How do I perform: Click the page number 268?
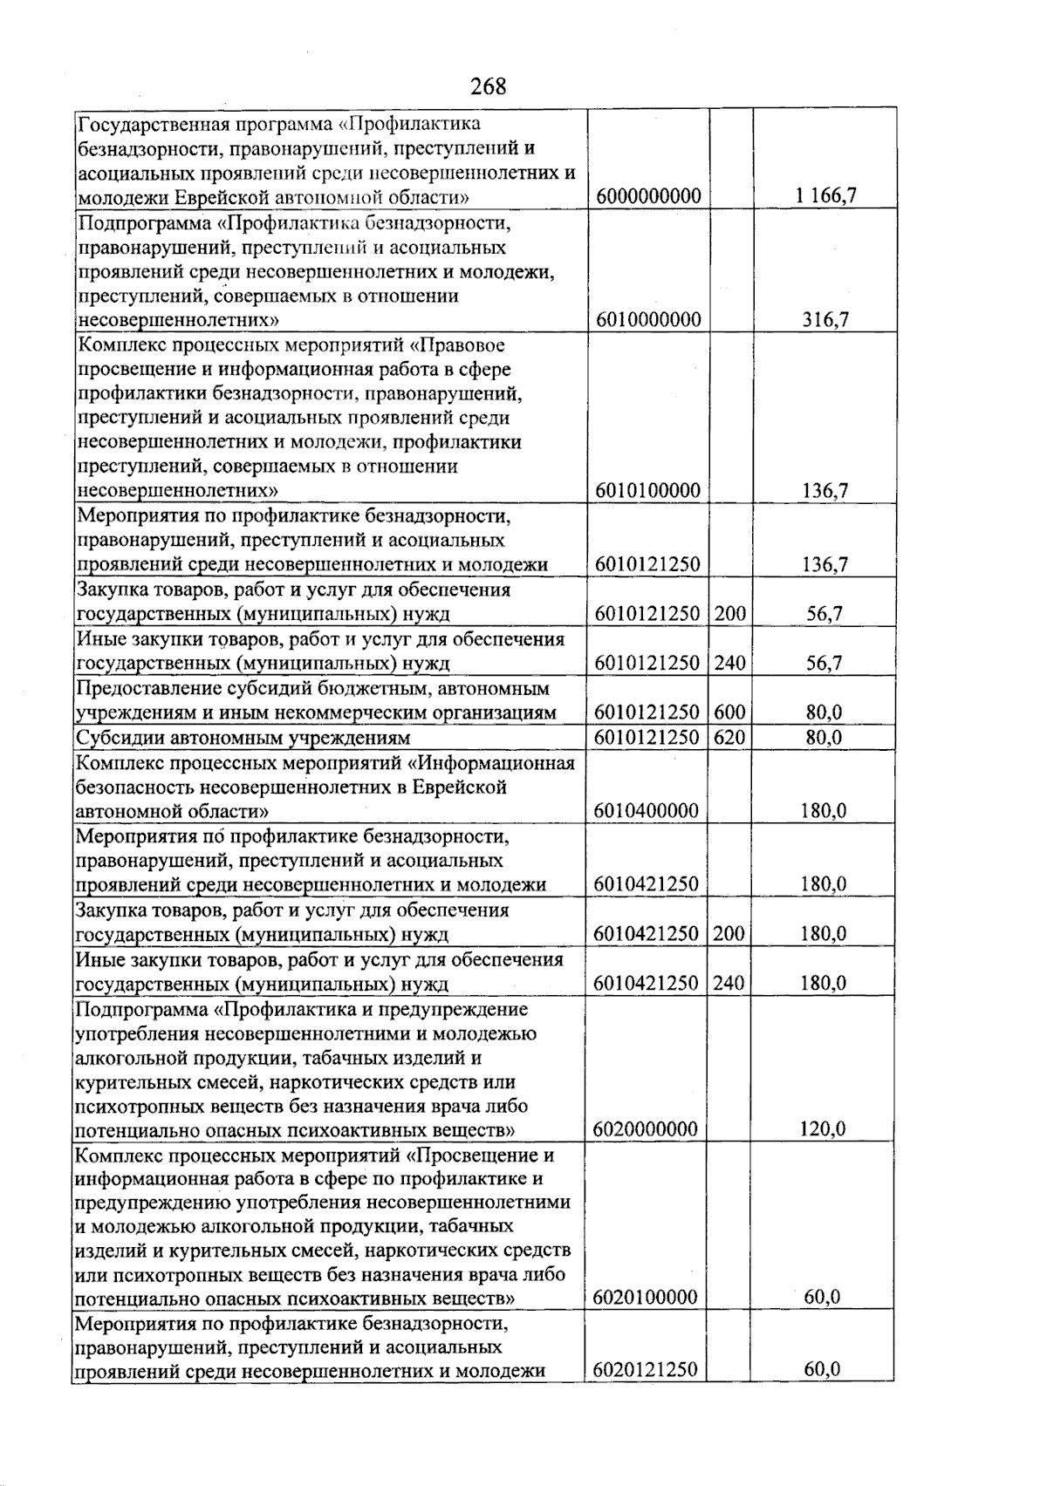pos(488,86)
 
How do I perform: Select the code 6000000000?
pos(648,196)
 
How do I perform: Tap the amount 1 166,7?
pos(825,196)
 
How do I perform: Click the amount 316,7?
pos(825,320)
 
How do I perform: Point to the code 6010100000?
pos(647,491)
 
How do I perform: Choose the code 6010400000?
pos(647,811)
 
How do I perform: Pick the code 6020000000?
pos(646,1130)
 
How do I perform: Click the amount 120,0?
pos(822,1130)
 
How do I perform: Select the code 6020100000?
pos(646,1298)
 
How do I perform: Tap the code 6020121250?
pos(646,1370)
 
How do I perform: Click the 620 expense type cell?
pos(729,738)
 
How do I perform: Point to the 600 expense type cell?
pos(729,712)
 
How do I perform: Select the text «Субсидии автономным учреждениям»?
pos(243,739)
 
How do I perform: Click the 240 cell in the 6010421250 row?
pos(729,984)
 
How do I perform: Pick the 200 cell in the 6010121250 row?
pos(729,614)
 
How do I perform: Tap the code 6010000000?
pos(647,320)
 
